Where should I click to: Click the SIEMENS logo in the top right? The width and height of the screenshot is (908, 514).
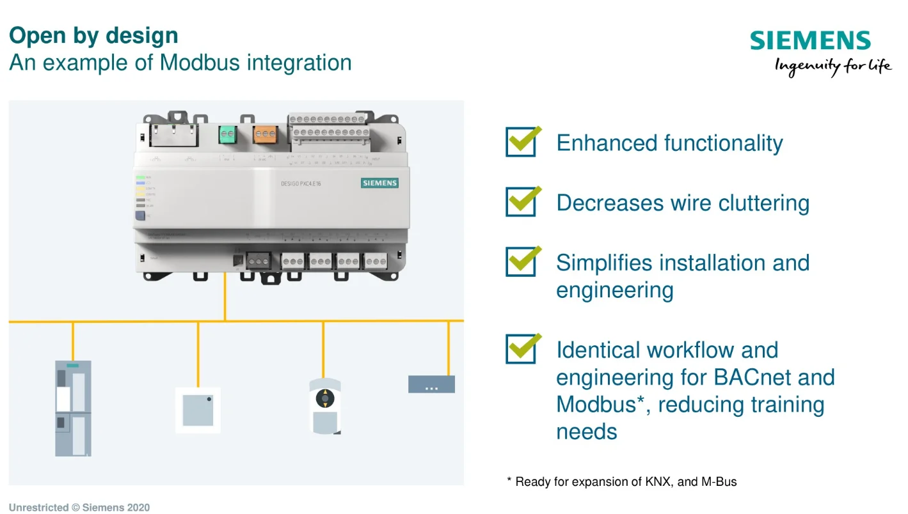click(810, 41)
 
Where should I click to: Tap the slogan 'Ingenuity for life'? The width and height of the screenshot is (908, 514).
click(832, 66)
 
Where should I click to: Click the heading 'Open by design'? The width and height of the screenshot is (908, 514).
click(93, 35)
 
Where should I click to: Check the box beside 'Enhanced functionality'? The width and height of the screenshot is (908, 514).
click(521, 142)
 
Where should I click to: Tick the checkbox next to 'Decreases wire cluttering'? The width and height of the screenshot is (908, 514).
click(521, 202)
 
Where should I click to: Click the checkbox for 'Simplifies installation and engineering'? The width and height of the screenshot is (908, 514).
click(521, 262)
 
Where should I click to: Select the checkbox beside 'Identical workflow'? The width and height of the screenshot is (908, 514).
click(521, 349)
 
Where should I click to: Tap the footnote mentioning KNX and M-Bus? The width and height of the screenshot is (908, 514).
click(621, 482)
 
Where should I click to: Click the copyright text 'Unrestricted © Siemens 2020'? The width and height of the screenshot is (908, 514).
click(79, 508)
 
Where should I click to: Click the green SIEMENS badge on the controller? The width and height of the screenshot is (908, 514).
click(379, 183)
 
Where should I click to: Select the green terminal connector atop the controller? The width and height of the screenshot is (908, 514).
click(227, 134)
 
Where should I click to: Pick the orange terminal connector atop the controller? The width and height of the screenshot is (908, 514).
click(265, 134)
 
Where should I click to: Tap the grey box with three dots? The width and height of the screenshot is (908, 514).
click(431, 384)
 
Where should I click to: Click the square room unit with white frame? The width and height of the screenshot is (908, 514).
click(198, 410)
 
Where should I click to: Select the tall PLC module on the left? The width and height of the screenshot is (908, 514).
click(72, 408)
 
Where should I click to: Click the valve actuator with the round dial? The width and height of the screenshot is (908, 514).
click(325, 406)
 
